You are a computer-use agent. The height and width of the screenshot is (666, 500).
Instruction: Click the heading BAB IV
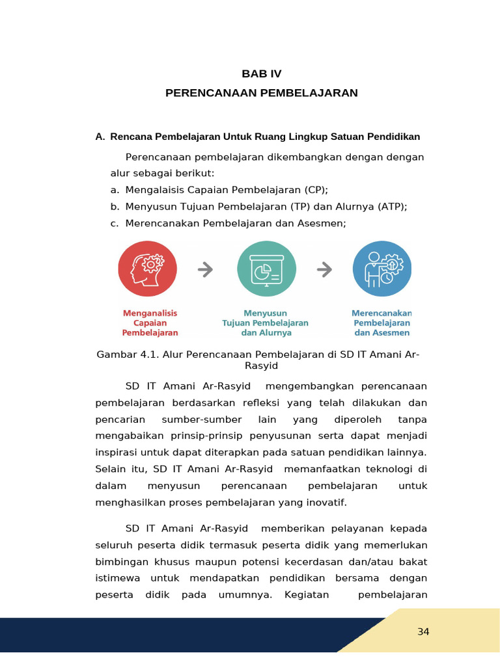click(262, 73)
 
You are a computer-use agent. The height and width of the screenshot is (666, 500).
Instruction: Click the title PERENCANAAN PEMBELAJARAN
click(262, 93)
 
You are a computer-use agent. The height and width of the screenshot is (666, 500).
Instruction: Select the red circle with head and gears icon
click(148, 269)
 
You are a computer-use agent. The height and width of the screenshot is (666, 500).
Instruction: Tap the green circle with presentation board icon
click(266, 269)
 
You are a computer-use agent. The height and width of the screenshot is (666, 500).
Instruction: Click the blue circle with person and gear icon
click(382, 269)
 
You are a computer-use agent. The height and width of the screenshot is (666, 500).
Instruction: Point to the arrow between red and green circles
click(205, 269)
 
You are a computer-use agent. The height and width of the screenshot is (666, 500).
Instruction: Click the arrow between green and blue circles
click(324, 269)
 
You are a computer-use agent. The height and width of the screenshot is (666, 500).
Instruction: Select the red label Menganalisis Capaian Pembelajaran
click(150, 323)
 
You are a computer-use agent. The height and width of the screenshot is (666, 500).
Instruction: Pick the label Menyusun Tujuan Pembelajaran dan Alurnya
click(266, 323)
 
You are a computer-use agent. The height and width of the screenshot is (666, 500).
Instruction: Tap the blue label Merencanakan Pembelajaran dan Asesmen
click(382, 323)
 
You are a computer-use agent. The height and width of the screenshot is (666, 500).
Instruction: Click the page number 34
click(423, 632)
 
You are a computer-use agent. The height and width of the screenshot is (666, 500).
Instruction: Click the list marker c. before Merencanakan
click(115, 224)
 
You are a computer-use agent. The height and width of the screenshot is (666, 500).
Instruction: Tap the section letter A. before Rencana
click(100, 137)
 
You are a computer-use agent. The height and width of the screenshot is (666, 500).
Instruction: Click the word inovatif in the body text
click(327, 502)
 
